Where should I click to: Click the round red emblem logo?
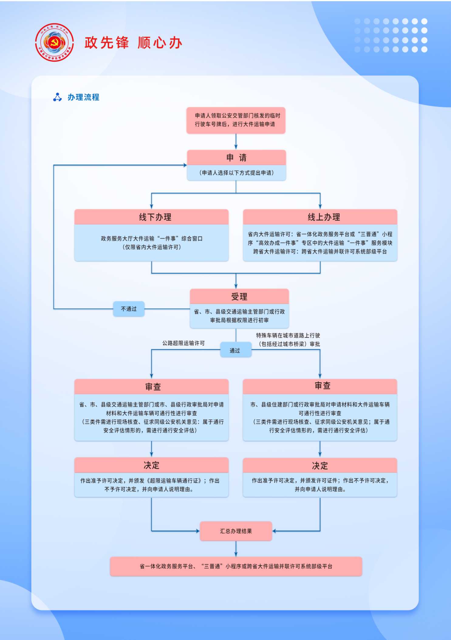[x=54, y=43]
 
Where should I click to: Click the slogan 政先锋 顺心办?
[x=133, y=43]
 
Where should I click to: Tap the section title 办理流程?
[x=83, y=97]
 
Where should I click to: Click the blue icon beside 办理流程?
[x=57, y=97]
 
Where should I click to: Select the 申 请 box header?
[x=236, y=158]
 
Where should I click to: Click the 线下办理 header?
[x=152, y=217]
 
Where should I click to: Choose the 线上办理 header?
[x=320, y=217]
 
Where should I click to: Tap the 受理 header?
[x=239, y=296]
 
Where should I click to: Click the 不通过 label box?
[x=129, y=309]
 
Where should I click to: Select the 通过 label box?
[x=236, y=350]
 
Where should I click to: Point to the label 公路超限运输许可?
[x=183, y=343]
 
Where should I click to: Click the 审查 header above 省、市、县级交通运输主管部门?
[x=152, y=387]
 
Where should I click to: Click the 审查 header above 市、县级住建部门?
[x=320, y=386]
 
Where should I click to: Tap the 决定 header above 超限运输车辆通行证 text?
[x=152, y=465]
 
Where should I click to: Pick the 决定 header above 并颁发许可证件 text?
[x=320, y=466]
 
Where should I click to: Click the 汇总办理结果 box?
[x=236, y=531]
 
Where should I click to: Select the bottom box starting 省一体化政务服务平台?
[x=236, y=566]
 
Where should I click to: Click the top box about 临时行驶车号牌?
[x=236, y=120]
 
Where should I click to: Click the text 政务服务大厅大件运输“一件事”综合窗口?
[x=152, y=239]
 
